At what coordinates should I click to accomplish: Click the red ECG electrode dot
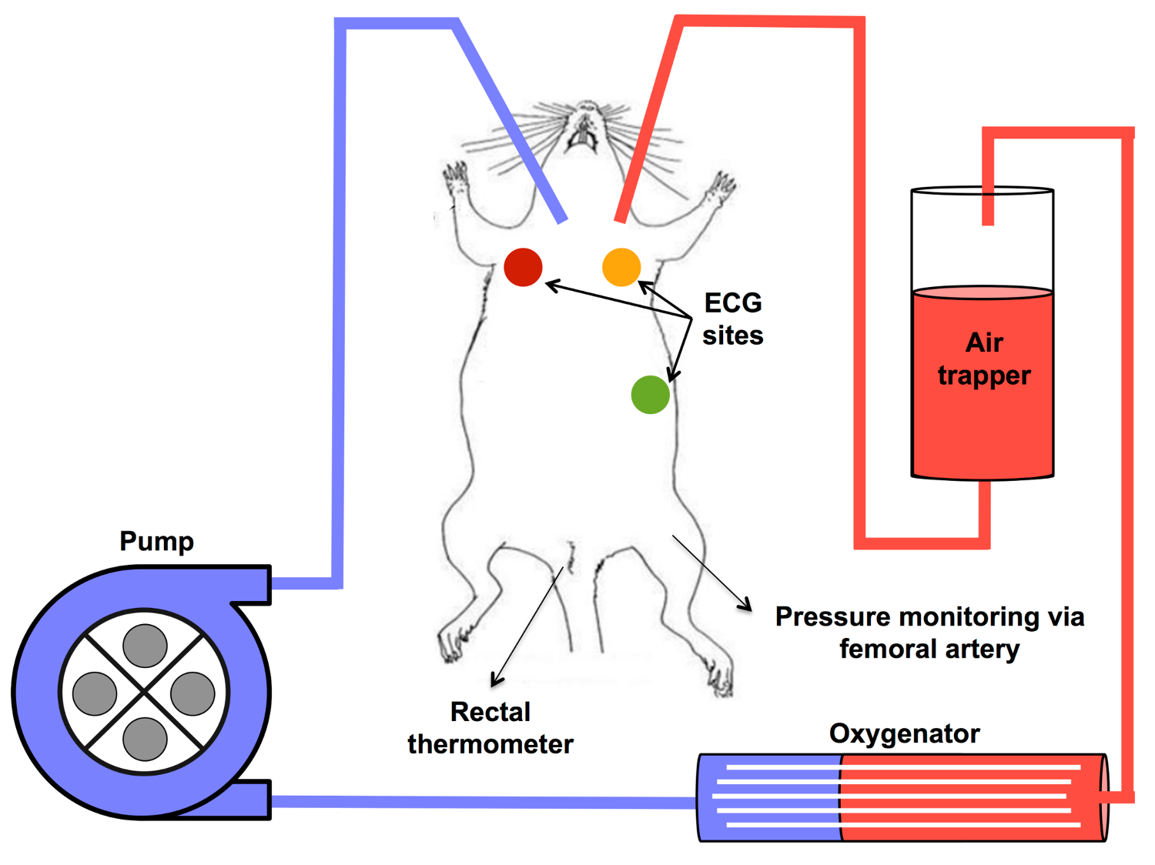tap(523, 267)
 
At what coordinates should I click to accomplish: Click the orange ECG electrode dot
tap(621, 267)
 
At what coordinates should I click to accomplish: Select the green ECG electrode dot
tap(650, 395)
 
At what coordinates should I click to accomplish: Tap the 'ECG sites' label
tap(732, 319)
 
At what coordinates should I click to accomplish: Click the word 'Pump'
tap(156, 541)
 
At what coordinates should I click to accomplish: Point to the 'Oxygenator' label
tap(904, 733)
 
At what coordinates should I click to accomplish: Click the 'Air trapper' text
tap(983, 359)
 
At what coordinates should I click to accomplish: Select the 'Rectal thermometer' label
tap(490, 728)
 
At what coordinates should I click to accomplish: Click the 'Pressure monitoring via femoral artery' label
tap(929, 633)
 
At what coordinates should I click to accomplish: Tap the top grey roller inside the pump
tap(145, 645)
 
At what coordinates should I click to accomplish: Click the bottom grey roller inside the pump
tap(145, 739)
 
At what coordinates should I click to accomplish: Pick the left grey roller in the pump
tap(95, 693)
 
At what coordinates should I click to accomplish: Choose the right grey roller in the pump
tap(192, 693)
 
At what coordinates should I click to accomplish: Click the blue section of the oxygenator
tap(770, 797)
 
